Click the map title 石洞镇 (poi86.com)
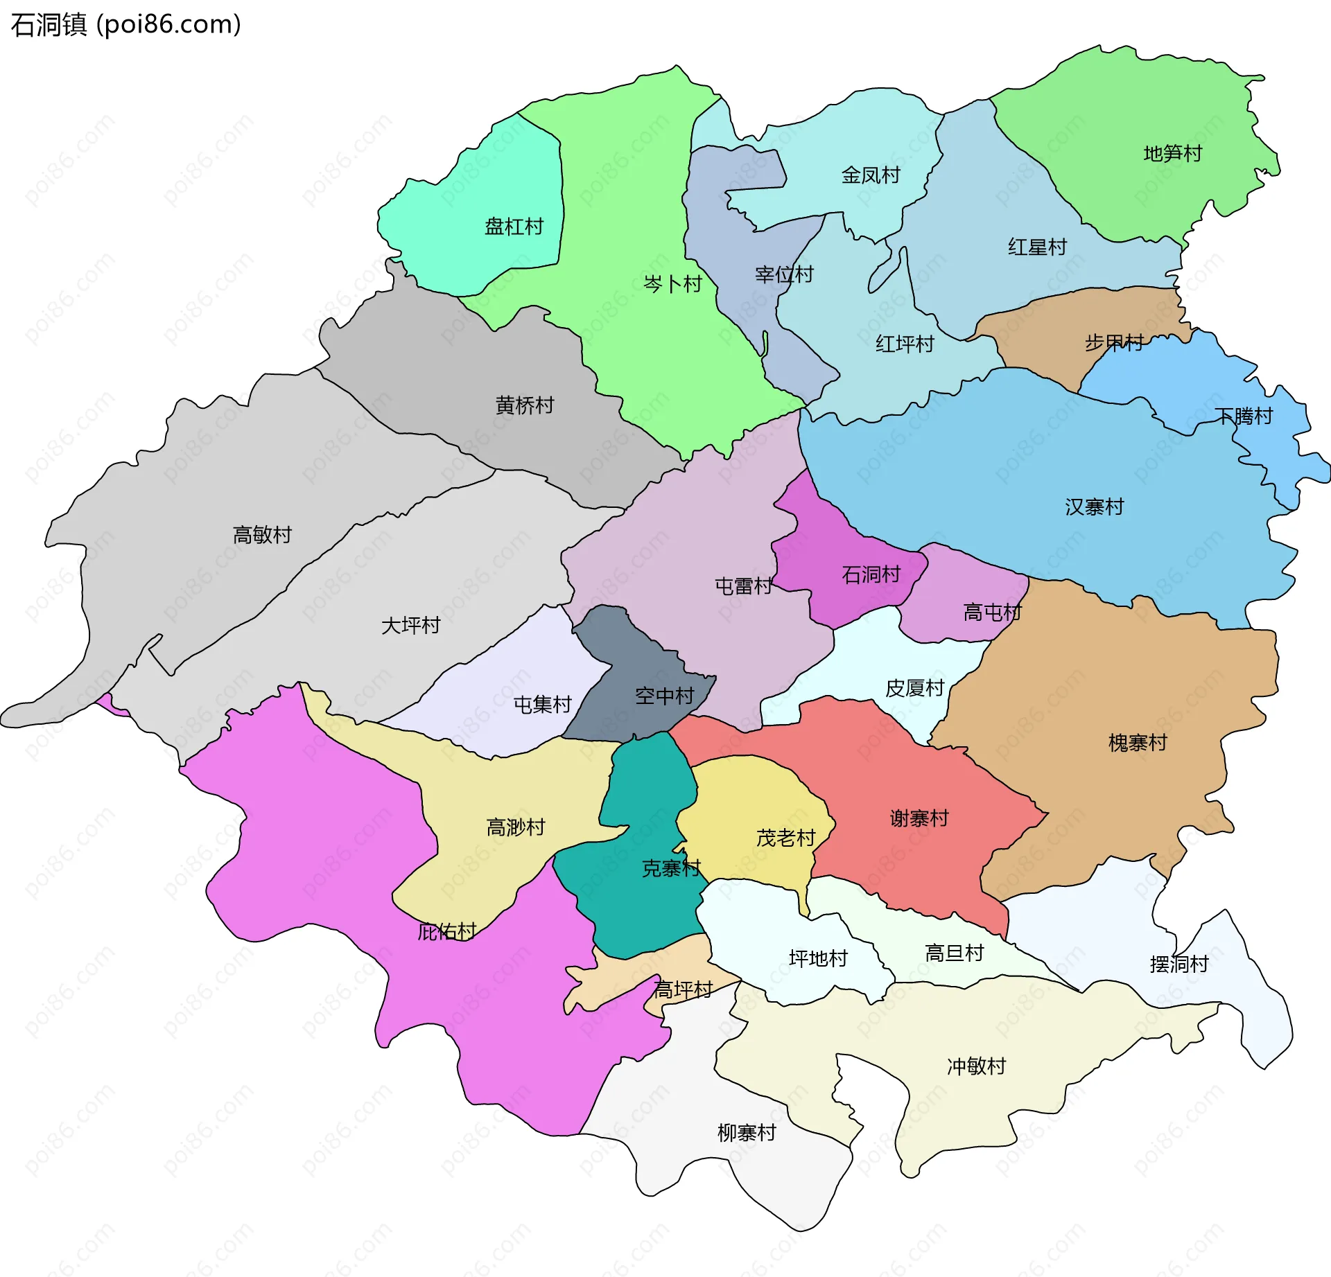(126, 24)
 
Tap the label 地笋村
(1172, 154)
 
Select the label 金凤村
(870, 175)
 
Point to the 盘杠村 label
(514, 227)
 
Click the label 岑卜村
(672, 284)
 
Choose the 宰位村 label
(783, 275)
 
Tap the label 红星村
(1036, 247)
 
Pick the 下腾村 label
(1243, 416)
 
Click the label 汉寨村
(1094, 507)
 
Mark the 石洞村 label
(870, 574)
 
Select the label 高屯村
(992, 613)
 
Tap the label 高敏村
(262, 535)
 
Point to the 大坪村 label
(410, 626)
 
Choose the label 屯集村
(542, 705)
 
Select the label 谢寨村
(919, 819)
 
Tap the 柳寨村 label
(746, 1134)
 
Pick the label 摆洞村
(1178, 965)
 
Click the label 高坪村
(683, 990)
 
